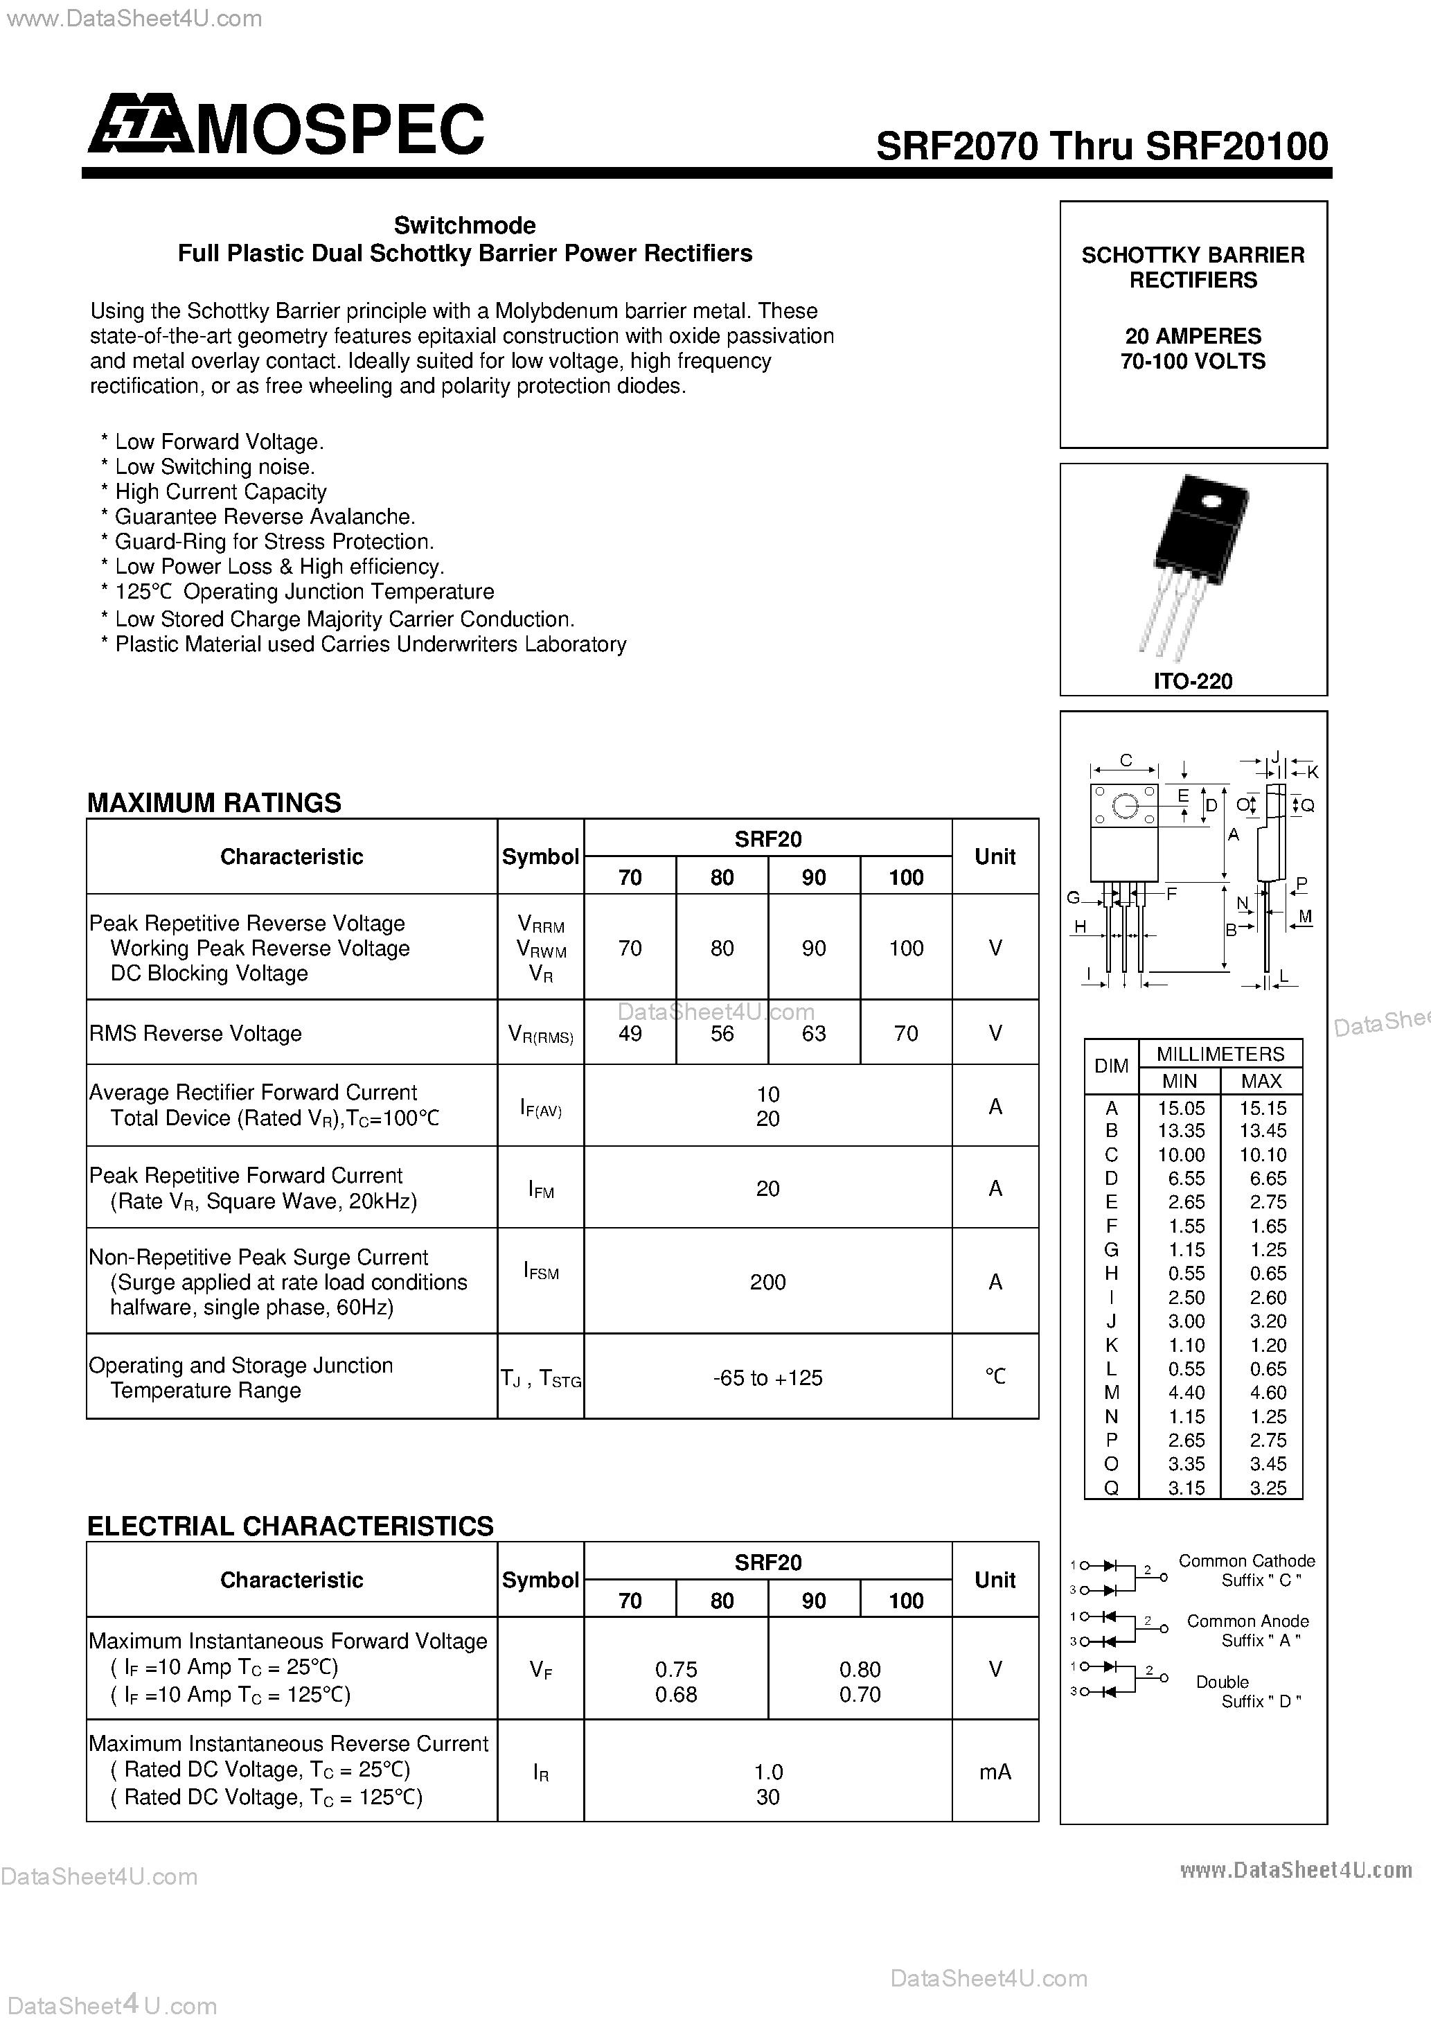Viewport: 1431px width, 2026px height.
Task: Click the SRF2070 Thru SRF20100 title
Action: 1101,146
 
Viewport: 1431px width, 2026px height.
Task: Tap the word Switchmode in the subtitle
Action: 465,225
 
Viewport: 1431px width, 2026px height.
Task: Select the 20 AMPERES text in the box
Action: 1192,336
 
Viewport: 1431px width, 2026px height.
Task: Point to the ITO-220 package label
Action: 1193,680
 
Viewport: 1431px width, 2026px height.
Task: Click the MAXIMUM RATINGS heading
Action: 215,802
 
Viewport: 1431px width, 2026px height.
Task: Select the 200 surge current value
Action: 767,1282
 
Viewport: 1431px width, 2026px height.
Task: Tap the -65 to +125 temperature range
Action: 767,1377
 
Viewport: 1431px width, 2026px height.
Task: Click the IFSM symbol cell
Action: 541,1271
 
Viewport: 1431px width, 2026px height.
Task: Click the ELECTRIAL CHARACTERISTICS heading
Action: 290,1526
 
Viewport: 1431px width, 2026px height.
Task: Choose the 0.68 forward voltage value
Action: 676,1694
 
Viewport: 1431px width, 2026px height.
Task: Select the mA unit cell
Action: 995,1772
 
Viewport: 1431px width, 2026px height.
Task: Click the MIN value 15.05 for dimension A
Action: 1180,1107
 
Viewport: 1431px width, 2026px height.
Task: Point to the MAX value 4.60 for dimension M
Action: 1261,1393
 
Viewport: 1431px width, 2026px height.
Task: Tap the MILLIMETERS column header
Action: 1220,1054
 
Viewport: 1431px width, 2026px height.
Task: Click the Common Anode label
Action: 1247,1621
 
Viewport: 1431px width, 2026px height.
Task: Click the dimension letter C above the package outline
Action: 1126,759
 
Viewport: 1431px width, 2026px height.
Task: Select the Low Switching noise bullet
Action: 215,467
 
